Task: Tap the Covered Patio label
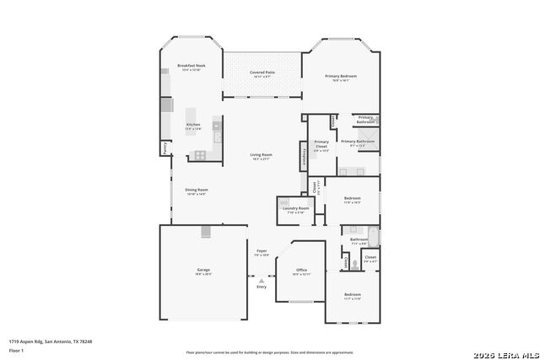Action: click(262, 73)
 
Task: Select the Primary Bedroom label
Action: click(342, 77)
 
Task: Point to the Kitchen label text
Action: click(193, 125)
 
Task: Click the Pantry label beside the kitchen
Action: click(165, 148)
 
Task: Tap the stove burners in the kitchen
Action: click(200, 154)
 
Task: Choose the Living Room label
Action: click(261, 154)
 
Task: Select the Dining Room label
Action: click(197, 190)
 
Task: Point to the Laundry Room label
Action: click(296, 207)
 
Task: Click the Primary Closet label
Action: click(321, 143)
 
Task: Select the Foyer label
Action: click(262, 251)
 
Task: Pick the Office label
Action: click(301, 271)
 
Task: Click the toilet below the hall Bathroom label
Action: click(354, 263)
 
